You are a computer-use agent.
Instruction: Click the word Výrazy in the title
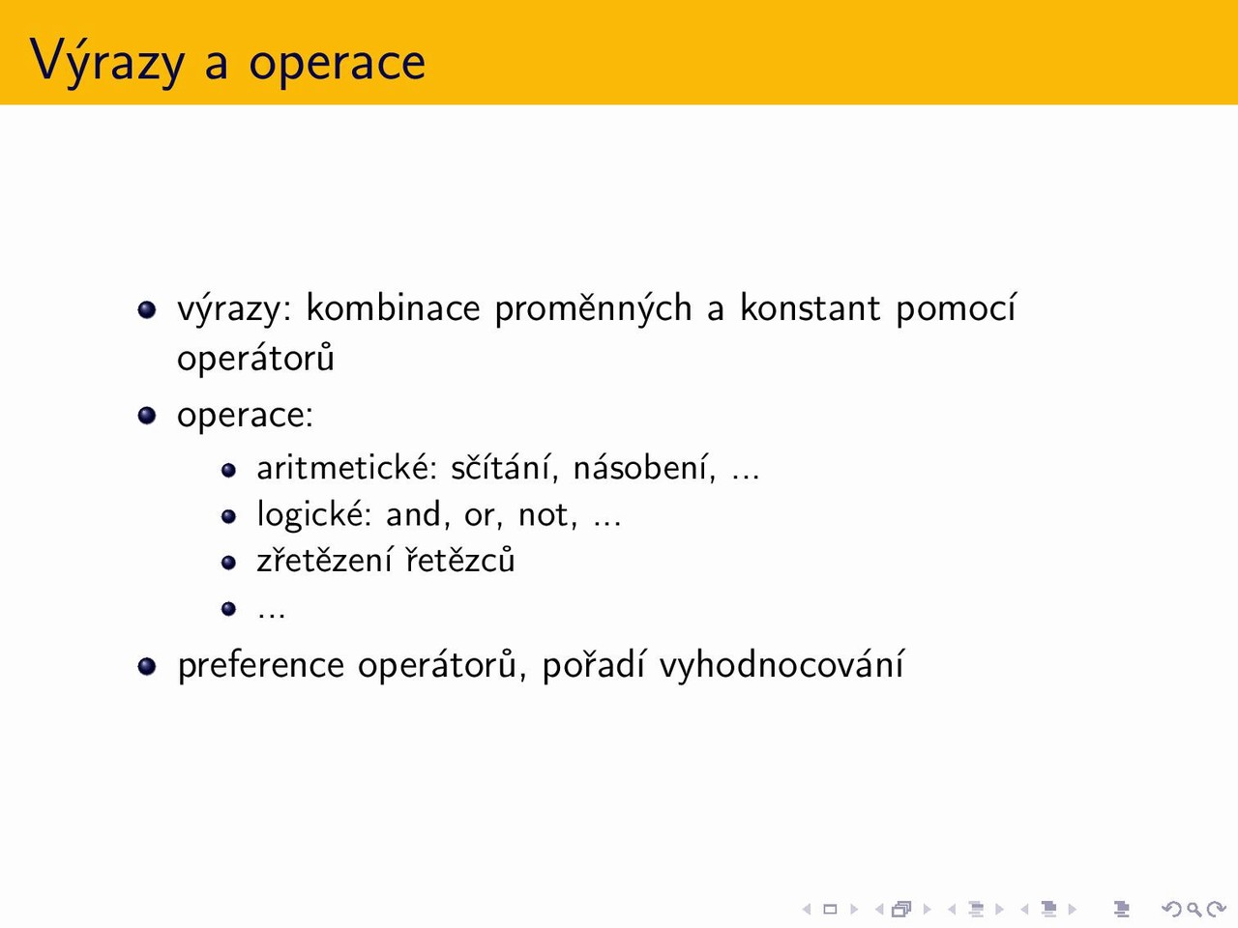pos(107,62)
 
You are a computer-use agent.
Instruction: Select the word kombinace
pos(393,307)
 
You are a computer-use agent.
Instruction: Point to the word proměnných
pos(593,308)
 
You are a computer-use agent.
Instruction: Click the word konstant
pos(811,307)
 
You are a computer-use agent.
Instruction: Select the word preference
pos(260,665)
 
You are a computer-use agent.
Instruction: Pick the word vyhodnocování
pos(781,665)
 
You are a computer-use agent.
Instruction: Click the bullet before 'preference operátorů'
pos(147,666)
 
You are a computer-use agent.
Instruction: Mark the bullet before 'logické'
pos(228,516)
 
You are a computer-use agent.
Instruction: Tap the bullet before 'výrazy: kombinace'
pos(147,309)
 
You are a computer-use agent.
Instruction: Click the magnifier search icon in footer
pos(1194,909)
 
